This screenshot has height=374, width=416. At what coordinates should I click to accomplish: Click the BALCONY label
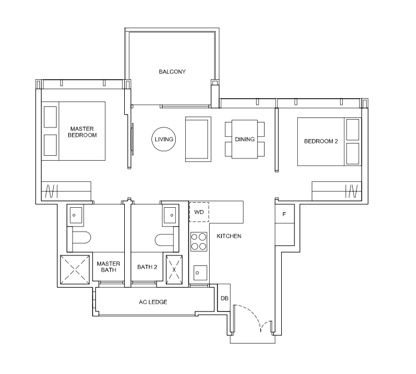point(172,71)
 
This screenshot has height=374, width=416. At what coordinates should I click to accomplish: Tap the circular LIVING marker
point(164,139)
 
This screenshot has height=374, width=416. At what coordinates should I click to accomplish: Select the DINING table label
point(245,139)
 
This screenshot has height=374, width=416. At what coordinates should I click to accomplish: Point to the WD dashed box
point(199,212)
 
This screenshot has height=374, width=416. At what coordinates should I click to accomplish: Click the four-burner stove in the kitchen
point(199,242)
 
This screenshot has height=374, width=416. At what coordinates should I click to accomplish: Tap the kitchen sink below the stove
point(200,273)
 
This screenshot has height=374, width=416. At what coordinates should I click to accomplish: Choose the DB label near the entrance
point(225,298)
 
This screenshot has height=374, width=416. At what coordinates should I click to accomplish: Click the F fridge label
point(284,214)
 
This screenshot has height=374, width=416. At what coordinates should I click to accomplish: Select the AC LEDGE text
point(153,302)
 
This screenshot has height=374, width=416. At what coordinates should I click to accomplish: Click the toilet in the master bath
point(82,238)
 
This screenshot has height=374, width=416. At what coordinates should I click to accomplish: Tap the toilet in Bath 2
point(164,239)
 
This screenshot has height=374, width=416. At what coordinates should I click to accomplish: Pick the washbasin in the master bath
point(76,215)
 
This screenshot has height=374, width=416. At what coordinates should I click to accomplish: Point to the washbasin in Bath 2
point(170,215)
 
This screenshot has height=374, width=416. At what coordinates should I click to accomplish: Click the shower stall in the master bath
point(75,270)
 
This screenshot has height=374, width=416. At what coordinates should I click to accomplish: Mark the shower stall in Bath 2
point(174,270)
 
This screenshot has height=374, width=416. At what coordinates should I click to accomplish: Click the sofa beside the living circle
point(198,139)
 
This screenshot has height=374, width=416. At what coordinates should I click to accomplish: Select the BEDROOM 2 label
point(321,141)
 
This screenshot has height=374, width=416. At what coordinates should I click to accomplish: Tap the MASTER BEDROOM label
point(82,132)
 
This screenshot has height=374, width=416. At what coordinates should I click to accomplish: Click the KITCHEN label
point(229,236)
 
